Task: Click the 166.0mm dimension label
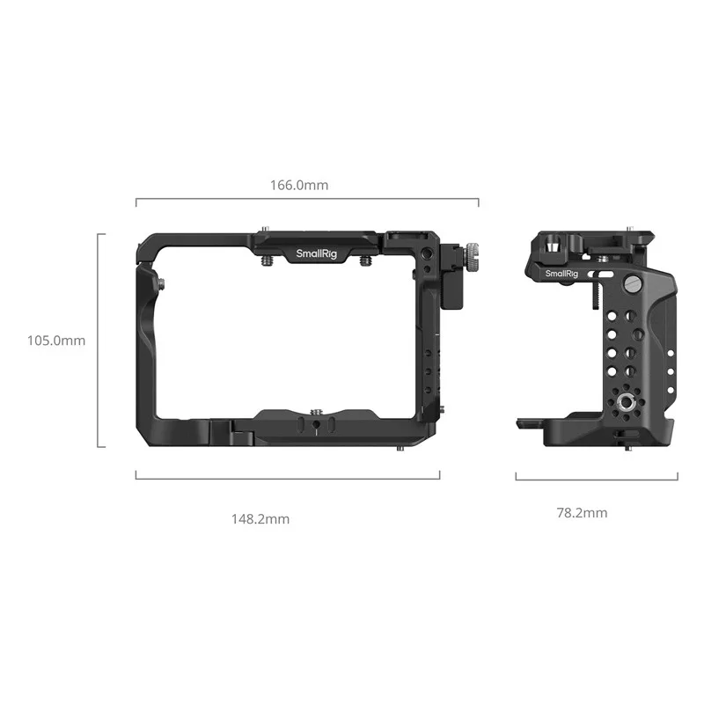pyautogui.click(x=299, y=185)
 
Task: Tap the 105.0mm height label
pyautogui.click(x=56, y=341)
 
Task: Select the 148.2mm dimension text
pyautogui.click(x=260, y=519)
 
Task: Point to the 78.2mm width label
pyautogui.click(x=582, y=513)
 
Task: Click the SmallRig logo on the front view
pyautogui.click(x=316, y=253)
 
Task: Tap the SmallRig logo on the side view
pyautogui.click(x=561, y=274)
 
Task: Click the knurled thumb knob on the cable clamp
pyautogui.click(x=472, y=257)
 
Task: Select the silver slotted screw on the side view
pyautogui.click(x=632, y=282)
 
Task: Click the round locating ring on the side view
pyautogui.click(x=626, y=402)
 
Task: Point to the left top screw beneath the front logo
pyautogui.click(x=267, y=260)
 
